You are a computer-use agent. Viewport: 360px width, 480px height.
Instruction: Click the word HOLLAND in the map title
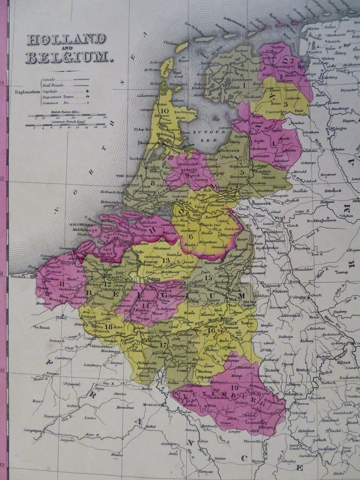click(x=65, y=40)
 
